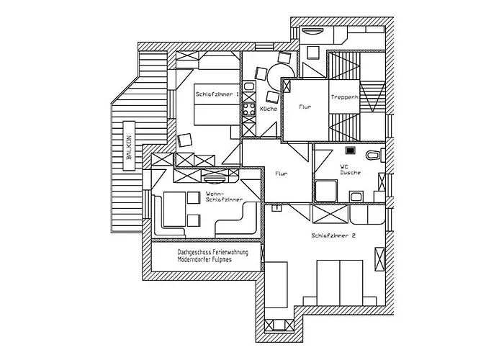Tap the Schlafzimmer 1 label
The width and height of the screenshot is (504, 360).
(217, 94)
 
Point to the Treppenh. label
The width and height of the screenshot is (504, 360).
(345, 97)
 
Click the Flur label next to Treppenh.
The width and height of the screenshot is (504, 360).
(305, 107)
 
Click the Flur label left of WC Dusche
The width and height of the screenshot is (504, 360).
(282, 173)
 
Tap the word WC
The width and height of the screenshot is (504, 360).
(343, 167)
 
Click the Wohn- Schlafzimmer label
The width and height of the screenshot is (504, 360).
(223, 198)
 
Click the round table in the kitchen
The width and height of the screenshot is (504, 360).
(276, 73)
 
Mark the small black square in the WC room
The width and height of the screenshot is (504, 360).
(350, 151)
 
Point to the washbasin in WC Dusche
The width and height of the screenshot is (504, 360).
(356, 196)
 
